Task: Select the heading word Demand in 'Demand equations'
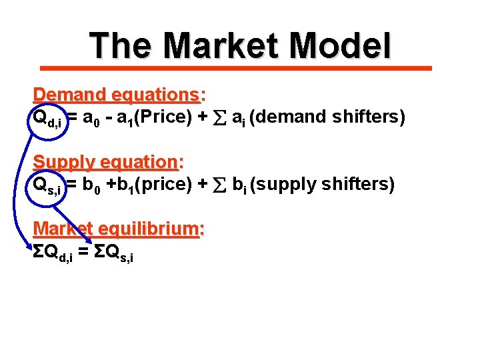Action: (64, 95)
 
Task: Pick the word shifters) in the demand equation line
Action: (369, 117)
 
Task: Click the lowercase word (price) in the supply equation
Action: (155, 185)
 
